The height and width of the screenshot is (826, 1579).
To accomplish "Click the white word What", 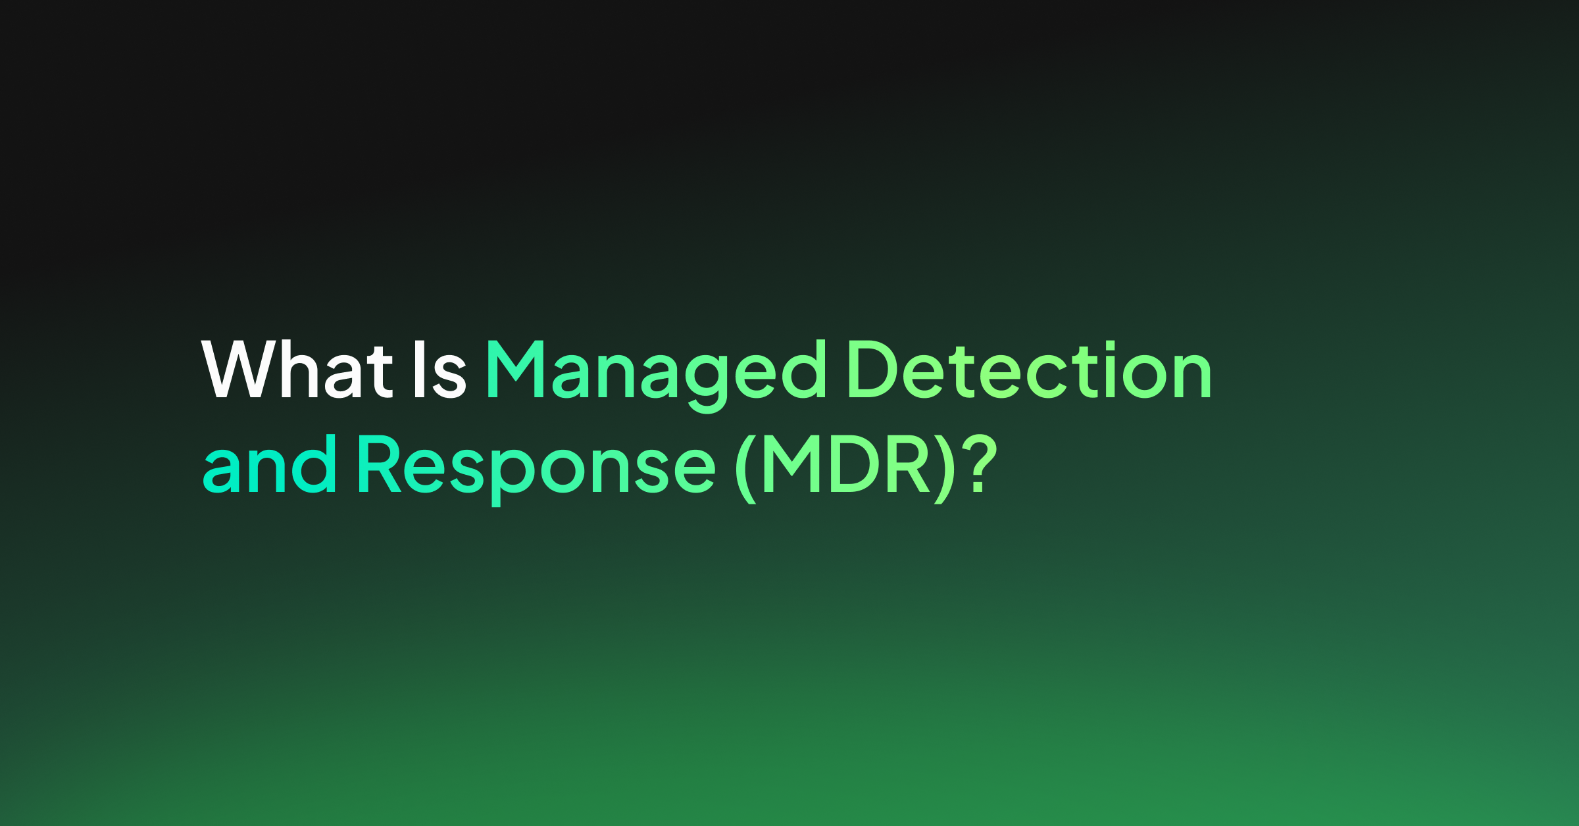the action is click(297, 369).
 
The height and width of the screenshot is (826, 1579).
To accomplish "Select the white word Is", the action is click(440, 370).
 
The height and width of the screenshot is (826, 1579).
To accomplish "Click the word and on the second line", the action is click(270, 464).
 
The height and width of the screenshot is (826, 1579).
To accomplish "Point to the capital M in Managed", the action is click(515, 369).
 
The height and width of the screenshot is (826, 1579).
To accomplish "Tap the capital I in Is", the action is click(419, 369).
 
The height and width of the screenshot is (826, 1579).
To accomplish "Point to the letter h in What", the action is click(300, 369).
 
